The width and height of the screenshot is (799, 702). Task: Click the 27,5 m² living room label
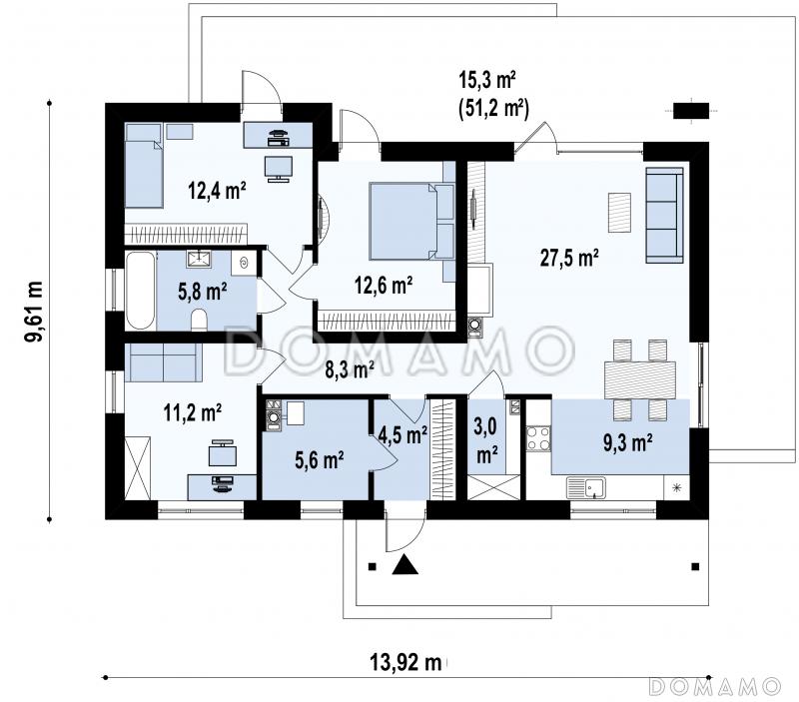click(569, 258)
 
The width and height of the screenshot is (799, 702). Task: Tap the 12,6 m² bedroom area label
click(384, 286)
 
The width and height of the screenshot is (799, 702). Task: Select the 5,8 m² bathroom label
click(203, 292)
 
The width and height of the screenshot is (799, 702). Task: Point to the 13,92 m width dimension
click(405, 662)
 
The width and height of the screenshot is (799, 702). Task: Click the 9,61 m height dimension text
click(35, 311)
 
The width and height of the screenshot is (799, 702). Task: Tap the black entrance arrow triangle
click(405, 564)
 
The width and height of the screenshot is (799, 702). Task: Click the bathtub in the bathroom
click(140, 291)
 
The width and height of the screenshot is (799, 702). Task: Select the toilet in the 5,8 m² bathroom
click(199, 322)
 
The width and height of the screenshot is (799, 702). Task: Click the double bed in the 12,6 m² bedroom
click(411, 222)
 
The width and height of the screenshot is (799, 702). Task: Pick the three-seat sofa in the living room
click(664, 215)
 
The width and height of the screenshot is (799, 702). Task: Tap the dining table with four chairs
click(640, 380)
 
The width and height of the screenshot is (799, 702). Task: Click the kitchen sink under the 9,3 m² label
click(586, 488)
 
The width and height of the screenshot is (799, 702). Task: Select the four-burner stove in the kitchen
click(538, 438)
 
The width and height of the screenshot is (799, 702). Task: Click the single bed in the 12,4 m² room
click(144, 166)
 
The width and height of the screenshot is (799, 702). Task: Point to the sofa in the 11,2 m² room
click(163, 362)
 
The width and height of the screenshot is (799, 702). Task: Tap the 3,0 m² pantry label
click(486, 440)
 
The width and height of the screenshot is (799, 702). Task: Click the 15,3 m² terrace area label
click(487, 81)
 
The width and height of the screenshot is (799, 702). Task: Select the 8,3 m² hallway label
click(350, 369)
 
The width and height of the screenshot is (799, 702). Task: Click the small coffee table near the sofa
click(619, 213)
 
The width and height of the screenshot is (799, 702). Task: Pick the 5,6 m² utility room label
click(319, 460)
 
